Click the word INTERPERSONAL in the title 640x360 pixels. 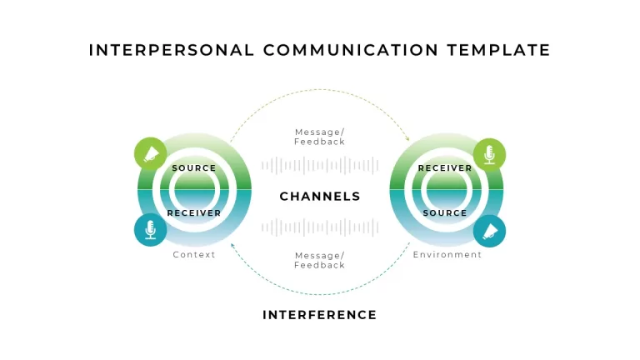click(172, 50)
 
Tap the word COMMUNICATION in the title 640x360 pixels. click(351, 50)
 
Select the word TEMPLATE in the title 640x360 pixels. click(499, 50)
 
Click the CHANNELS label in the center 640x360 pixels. click(320, 197)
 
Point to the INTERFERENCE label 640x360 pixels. click(320, 315)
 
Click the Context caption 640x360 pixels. click(194, 255)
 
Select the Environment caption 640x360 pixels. click(447, 255)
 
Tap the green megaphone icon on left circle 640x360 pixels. click(150, 153)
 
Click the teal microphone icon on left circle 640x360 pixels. click(150, 230)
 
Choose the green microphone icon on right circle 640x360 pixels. click(489, 154)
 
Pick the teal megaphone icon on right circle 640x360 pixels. click(489, 231)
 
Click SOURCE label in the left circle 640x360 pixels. click(194, 168)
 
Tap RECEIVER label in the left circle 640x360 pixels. click(194, 213)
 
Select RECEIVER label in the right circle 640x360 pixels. click(445, 168)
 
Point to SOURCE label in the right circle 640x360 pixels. click(445, 213)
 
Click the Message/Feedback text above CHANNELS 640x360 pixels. click(320, 137)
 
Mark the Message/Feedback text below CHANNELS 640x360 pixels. click(320, 260)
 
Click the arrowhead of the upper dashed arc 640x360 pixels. click(407, 139)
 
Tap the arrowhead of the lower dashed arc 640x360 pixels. click(232, 245)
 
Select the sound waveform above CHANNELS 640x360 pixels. click(320, 165)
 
